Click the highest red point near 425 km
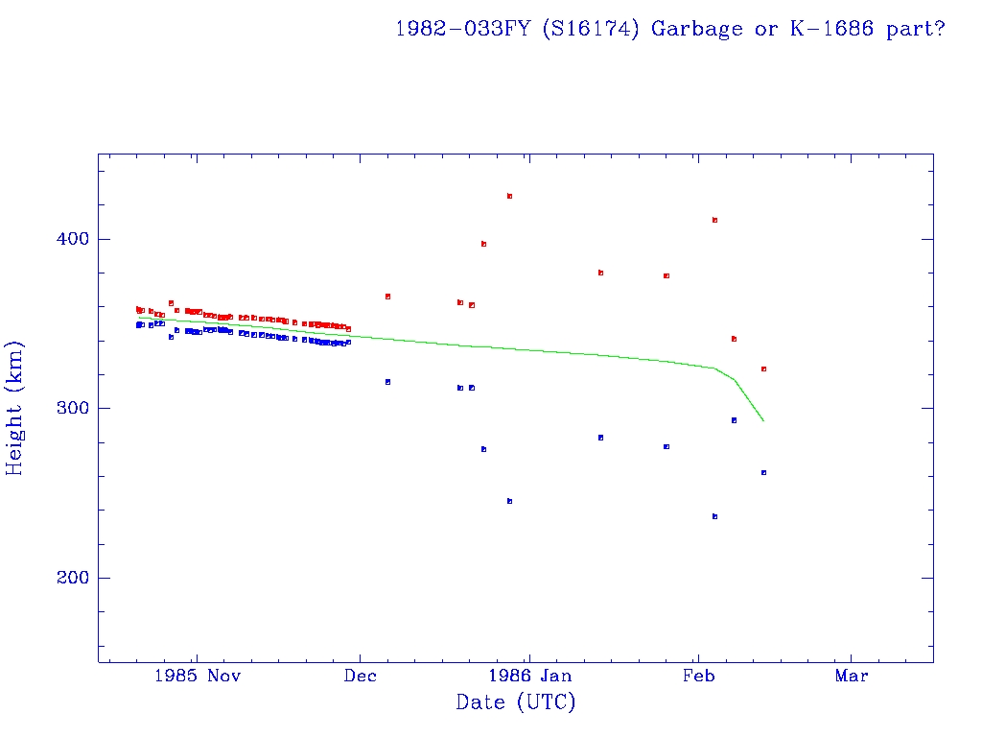509,196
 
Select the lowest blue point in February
714,516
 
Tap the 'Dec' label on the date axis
360,676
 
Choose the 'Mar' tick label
852,676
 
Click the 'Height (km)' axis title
15,408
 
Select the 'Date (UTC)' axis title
516,702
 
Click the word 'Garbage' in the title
697,29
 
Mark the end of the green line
763,420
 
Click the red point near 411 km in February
714,220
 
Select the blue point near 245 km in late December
509,501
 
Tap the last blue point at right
763,472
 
